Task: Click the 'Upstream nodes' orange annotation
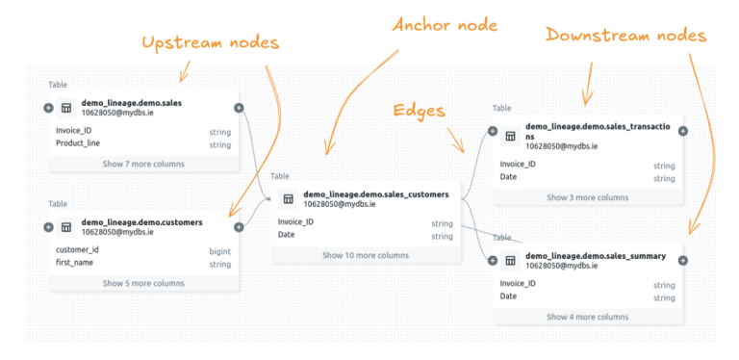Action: point(210,43)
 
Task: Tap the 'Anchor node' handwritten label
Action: point(445,24)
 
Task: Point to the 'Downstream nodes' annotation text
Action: point(625,36)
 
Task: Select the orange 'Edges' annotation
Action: point(420,110)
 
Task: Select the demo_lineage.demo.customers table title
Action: point(141,221)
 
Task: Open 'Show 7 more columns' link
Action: point(143,164)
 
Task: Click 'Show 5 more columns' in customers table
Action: point(143,283)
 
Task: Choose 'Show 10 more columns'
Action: point(365,255)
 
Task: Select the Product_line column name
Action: point(78,144)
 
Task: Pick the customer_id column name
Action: point(77,250)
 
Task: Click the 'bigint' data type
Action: point(220,250)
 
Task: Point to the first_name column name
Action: point(75,264)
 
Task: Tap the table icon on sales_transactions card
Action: point(511,136)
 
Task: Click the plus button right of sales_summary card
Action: point(684,260)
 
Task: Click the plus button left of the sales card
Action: point(49,108)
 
